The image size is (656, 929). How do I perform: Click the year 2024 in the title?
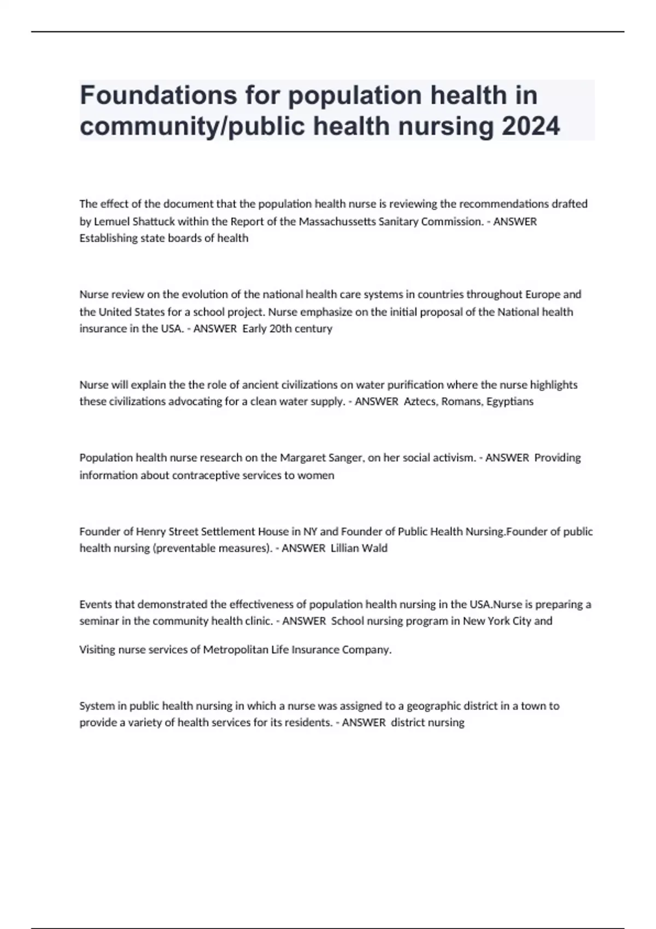pos(531,127)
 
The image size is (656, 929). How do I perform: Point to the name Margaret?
pos(303,458)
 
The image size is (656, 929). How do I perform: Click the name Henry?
pos(150,532)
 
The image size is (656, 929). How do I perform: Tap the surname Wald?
pos(374,548)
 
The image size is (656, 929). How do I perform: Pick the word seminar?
pos(97,621)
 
